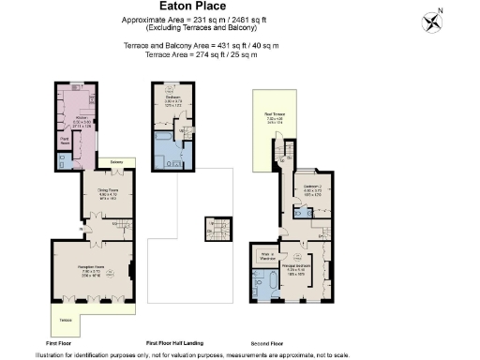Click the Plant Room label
click(65, 140)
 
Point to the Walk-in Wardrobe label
click(266, 255)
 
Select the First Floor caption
click(58, 342)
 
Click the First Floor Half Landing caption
click(174, 342)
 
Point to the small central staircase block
click(217, 229)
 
